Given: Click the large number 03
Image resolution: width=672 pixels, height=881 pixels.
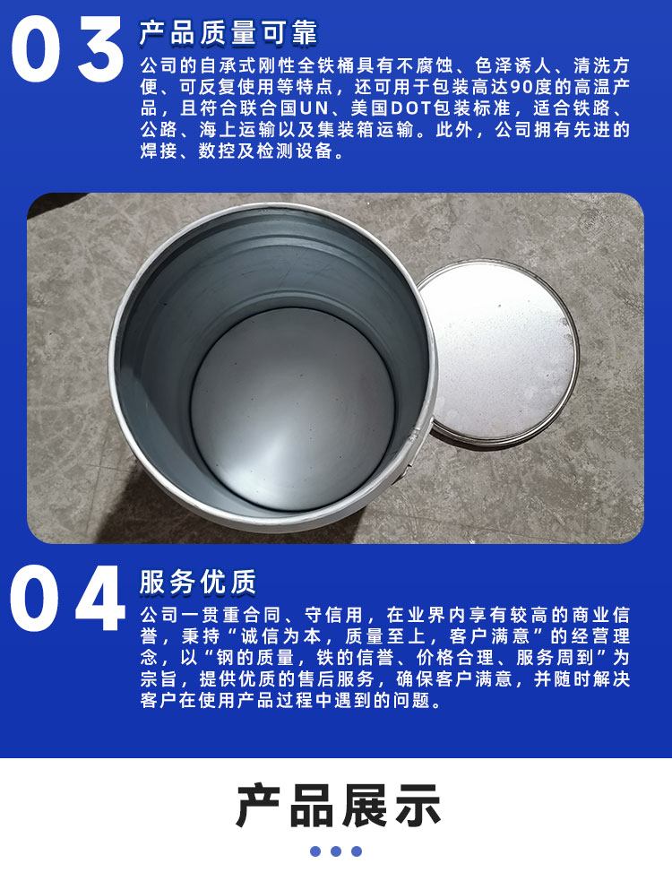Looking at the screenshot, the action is [67, 49].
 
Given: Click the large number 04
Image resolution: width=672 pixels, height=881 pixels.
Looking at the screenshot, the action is [67, 598].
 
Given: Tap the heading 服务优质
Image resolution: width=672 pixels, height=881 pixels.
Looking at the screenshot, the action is [198, 582].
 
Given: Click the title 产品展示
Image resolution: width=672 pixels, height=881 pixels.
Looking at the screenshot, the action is [339, 807].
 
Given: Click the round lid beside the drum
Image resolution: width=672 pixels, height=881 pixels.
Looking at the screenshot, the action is [499, 351].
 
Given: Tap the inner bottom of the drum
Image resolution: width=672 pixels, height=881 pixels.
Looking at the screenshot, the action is [292, 408].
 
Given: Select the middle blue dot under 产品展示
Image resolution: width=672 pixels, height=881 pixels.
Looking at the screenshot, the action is [336, 851].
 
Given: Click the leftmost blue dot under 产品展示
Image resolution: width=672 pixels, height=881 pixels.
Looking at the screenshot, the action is [315, 851].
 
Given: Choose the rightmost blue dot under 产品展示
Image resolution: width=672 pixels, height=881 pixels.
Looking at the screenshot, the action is [357, 851].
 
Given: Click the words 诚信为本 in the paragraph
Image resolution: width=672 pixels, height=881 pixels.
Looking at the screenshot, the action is [281, 636].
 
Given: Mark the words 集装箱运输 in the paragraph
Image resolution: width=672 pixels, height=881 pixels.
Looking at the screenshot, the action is [366, 130].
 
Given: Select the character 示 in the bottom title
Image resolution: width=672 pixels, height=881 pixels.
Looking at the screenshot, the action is [416, 807].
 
